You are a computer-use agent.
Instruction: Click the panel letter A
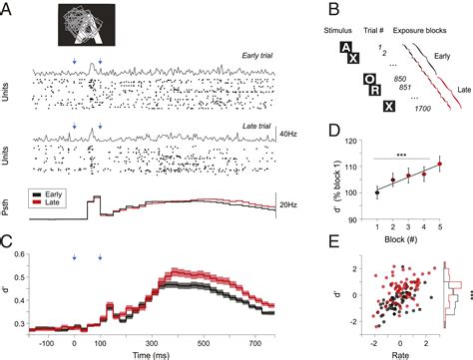(x=8, y=9)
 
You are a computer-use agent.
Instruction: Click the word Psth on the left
(x=12, y=196)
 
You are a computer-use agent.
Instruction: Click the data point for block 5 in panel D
(x=438, y=165)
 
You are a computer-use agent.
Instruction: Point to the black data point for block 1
(x=375, y=191)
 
